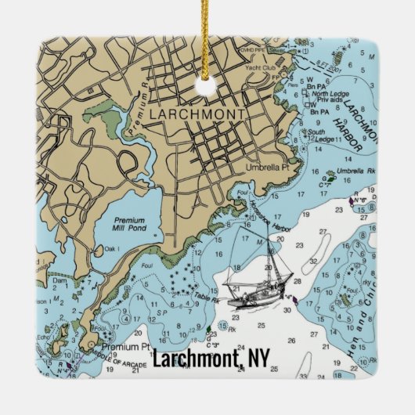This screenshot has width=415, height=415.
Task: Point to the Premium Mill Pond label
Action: [x=128, y=226]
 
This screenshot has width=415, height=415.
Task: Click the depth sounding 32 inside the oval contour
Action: [x=313, y=261]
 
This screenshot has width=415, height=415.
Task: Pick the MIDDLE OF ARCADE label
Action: [x=106, y=362]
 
